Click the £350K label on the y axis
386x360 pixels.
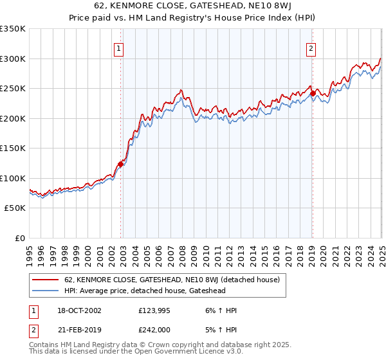pyautogui.click(x=12, y=29)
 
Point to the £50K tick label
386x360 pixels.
pyautogui.click(x=14, y=208)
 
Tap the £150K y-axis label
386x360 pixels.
pyautogui.click(x=12, y=148)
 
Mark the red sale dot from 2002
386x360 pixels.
pyautogui.click(x=120, y=164)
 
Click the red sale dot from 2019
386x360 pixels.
pyautogui.click(x=313, y=93)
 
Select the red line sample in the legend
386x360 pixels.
pyautogui.click(x=44, y=280)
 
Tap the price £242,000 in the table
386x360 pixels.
pyautogui.click(x=154, y=330)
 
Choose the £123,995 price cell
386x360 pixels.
pyautogui.click(x=154, y=310)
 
